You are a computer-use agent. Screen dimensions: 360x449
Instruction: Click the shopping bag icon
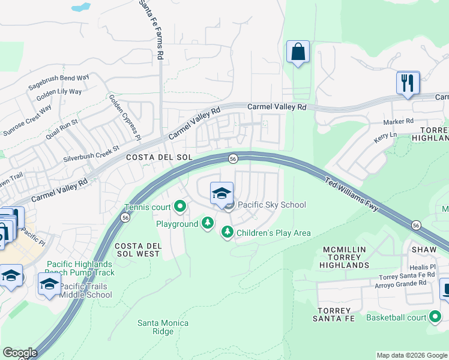[x=298, y=53]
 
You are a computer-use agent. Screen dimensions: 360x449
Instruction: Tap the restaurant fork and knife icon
[x=408, y=83]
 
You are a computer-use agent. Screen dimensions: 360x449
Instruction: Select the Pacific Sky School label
[x=272, y=205]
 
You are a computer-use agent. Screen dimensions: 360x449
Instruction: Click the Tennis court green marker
[x=180, y=208]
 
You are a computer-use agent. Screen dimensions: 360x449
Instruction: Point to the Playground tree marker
[x=207, y=224]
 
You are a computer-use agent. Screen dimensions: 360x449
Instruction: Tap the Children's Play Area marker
[x=227, y=232]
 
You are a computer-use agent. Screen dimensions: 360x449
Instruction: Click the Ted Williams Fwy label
[x=352, y=193]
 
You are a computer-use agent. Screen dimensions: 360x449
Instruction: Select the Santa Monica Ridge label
[x=163, y=327]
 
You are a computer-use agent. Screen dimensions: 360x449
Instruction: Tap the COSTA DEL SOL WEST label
[x=137, y=250]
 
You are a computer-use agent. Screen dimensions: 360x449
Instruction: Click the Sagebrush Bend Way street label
[x=59, y=83]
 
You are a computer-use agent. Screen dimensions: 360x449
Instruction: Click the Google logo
[x=19, y=353]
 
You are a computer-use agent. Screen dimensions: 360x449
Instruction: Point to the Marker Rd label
[x=399, y=121]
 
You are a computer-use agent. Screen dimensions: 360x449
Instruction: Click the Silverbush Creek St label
[x=92, y=154]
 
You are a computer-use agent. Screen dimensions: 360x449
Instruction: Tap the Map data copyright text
[x=411, y=355]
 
